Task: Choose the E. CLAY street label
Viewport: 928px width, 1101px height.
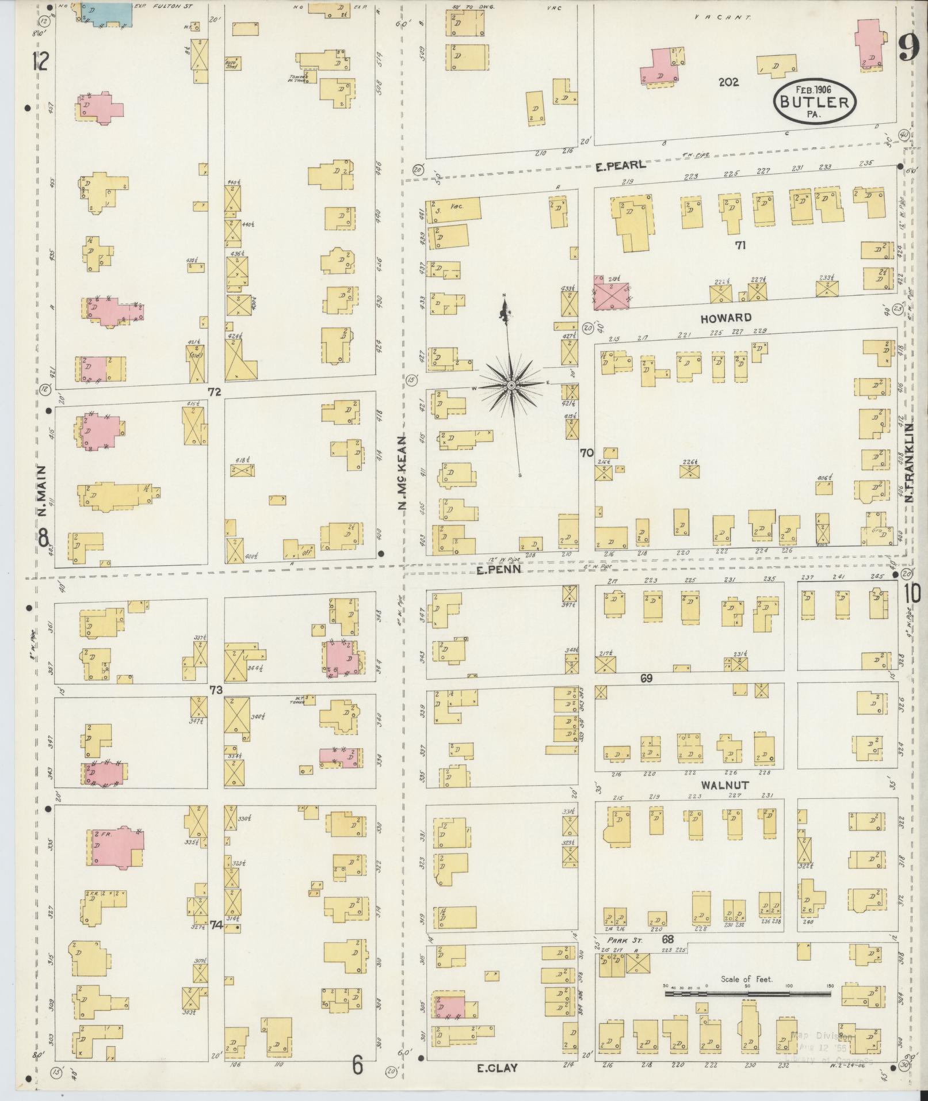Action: tap(498, 1068)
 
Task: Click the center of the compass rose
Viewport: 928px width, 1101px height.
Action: tap(510, 384)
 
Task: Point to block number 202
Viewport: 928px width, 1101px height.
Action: tap(728, 82)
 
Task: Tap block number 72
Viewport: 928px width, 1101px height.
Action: tap(215, 392)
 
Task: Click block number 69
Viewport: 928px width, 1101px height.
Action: tap(646, 679)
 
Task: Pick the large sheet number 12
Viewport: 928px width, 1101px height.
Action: tap(40, 60)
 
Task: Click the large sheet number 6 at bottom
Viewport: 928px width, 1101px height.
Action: tap(358, 1066)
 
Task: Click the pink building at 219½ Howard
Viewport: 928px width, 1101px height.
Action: tap(611, 291)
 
